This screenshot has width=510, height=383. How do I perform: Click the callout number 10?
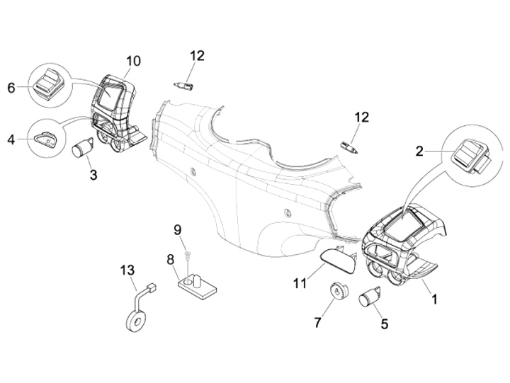click(133, 62)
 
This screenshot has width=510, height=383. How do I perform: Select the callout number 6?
click(11, 88)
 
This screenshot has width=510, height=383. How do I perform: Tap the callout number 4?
click(11, 139)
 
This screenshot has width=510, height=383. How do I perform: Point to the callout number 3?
click(93, 173)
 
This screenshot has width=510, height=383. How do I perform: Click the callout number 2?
click(419, 150)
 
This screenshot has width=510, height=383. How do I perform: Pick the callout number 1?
click(433, 299)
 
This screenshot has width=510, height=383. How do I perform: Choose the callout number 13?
click(127, 270)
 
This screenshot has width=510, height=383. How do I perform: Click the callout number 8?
click(171, 260)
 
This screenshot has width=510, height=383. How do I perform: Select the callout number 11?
click(300, 284)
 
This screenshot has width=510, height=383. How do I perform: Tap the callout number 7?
click(317, 323)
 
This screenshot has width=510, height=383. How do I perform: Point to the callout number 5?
click(385, 325)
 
